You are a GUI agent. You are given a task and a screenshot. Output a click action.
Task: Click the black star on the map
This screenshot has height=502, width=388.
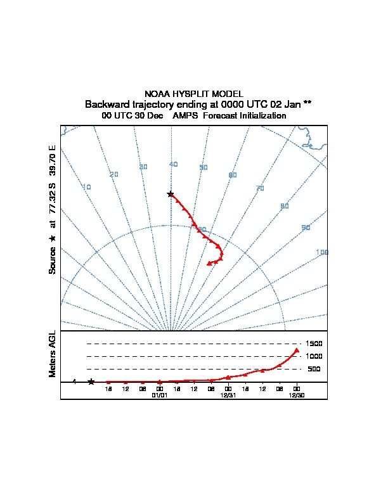point(171,194)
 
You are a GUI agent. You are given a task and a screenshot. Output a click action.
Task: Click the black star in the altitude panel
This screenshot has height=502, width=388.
point(91,382)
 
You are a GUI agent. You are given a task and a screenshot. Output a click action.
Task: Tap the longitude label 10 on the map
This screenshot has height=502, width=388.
point(87,187)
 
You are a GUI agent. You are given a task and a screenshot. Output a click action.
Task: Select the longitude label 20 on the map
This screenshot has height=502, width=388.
point(114,174)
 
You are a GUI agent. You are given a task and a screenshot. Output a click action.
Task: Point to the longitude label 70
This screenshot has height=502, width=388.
point(259,188)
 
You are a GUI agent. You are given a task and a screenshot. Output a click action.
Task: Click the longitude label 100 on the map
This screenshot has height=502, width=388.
point(322,252)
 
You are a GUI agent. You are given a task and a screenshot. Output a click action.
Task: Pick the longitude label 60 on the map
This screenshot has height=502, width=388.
point(233,175)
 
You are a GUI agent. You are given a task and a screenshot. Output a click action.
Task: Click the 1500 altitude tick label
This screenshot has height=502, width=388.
point(314,344)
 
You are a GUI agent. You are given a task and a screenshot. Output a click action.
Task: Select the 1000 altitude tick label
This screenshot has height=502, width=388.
point(314,356)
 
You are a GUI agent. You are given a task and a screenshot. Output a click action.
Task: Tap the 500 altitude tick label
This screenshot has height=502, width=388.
point(314,369)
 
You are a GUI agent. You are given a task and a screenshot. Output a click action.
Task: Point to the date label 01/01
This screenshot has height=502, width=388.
point(159,394)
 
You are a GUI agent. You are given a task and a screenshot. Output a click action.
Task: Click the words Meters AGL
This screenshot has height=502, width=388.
point(53,354)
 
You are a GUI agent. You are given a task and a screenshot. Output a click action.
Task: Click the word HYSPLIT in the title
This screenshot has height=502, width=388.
point(193,94)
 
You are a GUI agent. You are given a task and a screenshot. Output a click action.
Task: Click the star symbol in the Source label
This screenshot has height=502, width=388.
point(53,238)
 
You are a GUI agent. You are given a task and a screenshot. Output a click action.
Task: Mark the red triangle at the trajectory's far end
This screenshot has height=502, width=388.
point(209,263)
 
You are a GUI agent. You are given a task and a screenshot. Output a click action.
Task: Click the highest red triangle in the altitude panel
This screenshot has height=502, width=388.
point(297,350)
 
